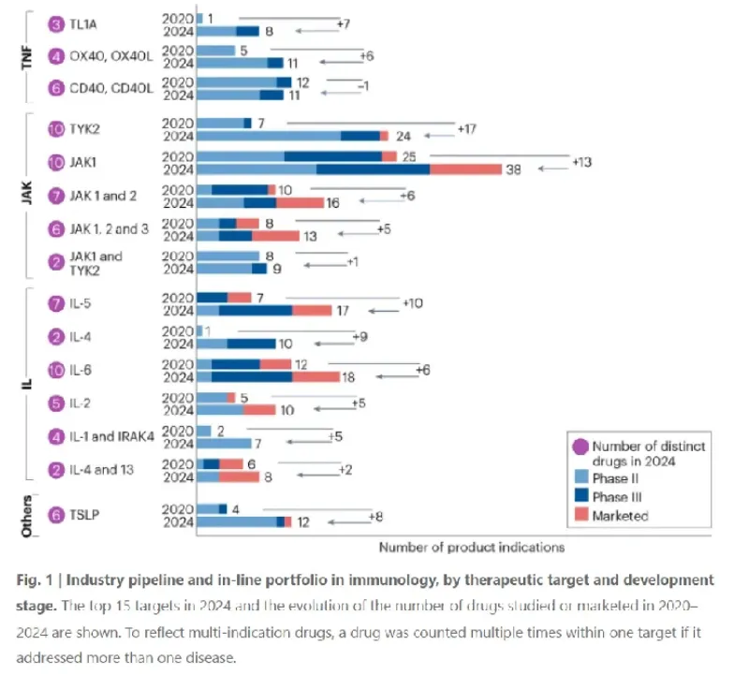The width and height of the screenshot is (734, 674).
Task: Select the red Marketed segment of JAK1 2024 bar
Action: point(465,168)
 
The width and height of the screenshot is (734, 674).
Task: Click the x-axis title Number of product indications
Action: point(472,546)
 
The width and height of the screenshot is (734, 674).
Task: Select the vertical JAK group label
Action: point(27,195)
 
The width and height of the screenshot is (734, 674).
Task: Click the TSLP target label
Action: point(88,515)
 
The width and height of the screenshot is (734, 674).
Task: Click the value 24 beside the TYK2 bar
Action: point(404,136)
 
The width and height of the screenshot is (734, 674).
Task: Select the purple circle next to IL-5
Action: point(56,303)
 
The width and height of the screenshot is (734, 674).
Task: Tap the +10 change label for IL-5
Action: point(414,302)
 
